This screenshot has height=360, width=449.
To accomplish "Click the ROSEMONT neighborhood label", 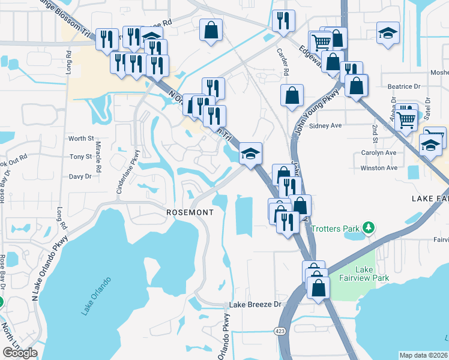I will coord(190,213).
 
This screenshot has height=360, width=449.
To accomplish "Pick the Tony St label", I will coord(80,157).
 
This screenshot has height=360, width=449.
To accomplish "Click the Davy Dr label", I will coord(80,176).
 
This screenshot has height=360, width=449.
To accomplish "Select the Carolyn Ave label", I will coord(379,152).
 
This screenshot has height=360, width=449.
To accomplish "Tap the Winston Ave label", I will coord(379,168).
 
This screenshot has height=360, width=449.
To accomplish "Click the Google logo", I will coord(20,353).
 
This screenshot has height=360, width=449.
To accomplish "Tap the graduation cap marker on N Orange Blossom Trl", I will coord(250,154).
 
